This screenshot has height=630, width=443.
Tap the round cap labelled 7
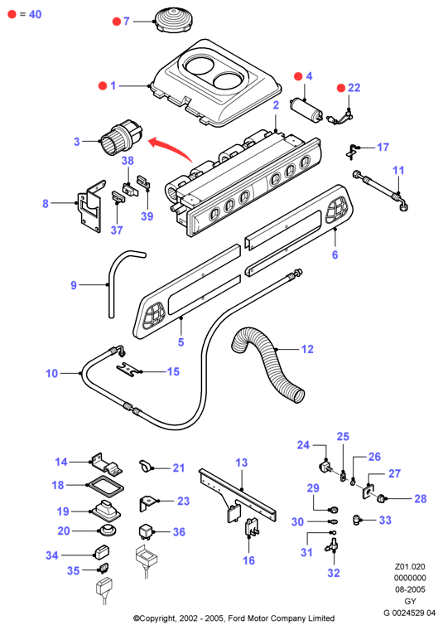[173, 20]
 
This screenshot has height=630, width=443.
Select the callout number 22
[354, 88]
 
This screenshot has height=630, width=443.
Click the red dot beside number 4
[298, 76]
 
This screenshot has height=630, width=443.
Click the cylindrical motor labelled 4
[307, 109]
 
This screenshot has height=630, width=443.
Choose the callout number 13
[242, 463]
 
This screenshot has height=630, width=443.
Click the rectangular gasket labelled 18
[106, 486]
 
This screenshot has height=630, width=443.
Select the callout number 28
[420, 499]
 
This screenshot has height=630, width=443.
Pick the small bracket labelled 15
[129, 369]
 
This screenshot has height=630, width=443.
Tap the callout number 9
[74, 285]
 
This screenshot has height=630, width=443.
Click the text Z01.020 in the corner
[410, 566]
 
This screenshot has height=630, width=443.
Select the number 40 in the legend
[36, 14]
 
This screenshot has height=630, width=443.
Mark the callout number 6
[335, 254]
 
